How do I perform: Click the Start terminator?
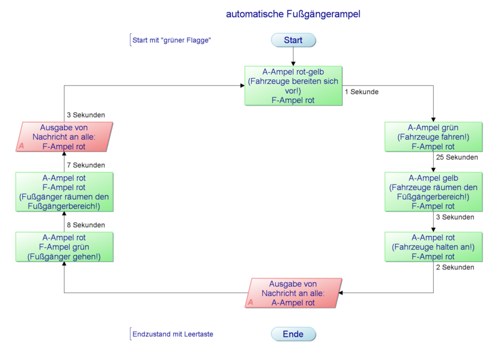click(x=293, y=40)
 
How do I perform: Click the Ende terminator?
click(x=293, y=334)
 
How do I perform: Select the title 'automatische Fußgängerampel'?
click(x=293, y=14)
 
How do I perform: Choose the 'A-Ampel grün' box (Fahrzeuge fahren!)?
click(x=433, y=137)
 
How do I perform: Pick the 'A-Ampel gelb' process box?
click(x=433, y=192)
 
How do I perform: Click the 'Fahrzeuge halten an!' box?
click(x=433, y=246)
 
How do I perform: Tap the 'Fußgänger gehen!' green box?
click(x=64, y=246)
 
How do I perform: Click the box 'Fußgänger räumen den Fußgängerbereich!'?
click(x=64, y=192)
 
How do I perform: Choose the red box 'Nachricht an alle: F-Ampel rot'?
click(x=64, y=137)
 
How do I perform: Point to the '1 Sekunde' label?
click(x=362, y=92)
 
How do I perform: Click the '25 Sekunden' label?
click(x=457, y=158)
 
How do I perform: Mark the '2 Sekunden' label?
click(x=455, y=268)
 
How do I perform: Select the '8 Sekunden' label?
click(x=86, y=225)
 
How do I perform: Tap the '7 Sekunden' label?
click(x=86, y=165)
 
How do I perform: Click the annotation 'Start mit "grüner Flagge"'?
click(x=172, y=40)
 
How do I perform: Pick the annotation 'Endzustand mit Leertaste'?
click(x=173, y=334)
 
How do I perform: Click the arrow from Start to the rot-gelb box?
click(x=293, y=56)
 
